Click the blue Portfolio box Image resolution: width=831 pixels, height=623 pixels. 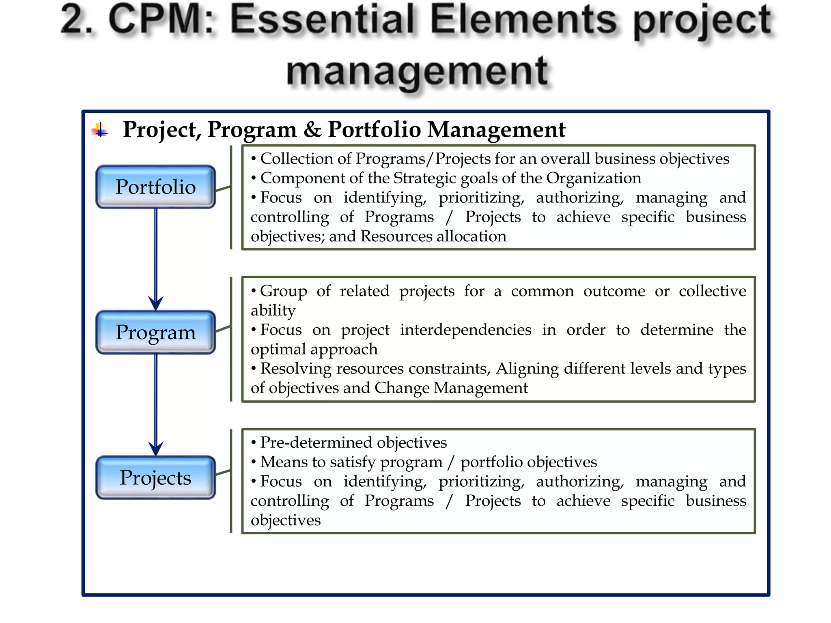pos(155,187)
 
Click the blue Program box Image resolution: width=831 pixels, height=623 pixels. pos(155,332)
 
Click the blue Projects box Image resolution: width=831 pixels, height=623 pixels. pos(155,477)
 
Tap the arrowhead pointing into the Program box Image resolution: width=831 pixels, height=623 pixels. pos(156,303)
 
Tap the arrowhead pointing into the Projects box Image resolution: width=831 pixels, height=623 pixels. pos(156,449)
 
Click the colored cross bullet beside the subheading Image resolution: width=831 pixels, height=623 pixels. pos(100,130)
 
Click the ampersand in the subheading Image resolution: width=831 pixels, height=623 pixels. pos(312,130)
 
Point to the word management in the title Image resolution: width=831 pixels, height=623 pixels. pos(418,72)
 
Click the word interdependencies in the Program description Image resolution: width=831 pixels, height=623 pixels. pos(465,330)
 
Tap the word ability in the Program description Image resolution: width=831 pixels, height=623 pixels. pos(273,311)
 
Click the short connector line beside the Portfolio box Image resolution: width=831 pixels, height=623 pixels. pos(223,189)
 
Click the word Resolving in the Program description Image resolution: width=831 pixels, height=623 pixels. pos(295,369)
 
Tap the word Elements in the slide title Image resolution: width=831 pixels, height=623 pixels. pos(523,20)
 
